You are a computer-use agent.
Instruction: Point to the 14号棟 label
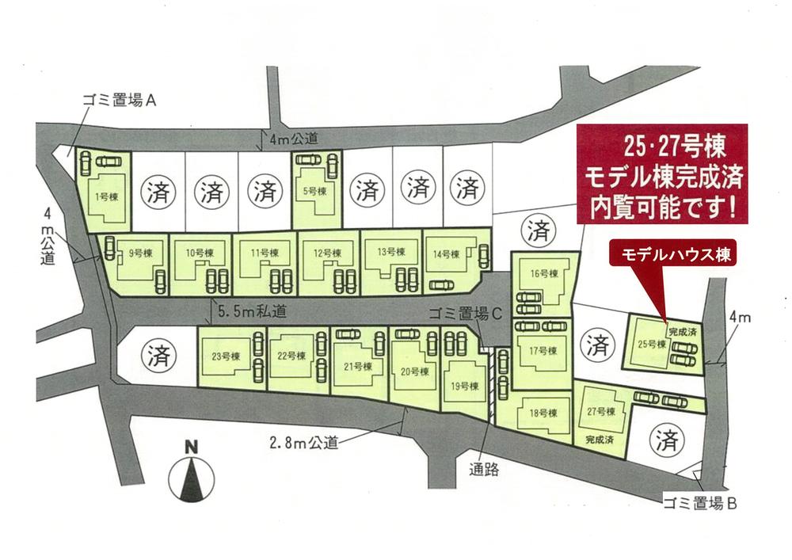[x=446, y=254]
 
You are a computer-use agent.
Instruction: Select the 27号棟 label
[x=600, y=411]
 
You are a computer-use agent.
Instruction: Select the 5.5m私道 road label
[x=249, y=313]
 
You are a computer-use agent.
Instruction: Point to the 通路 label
[x=484, y=468]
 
